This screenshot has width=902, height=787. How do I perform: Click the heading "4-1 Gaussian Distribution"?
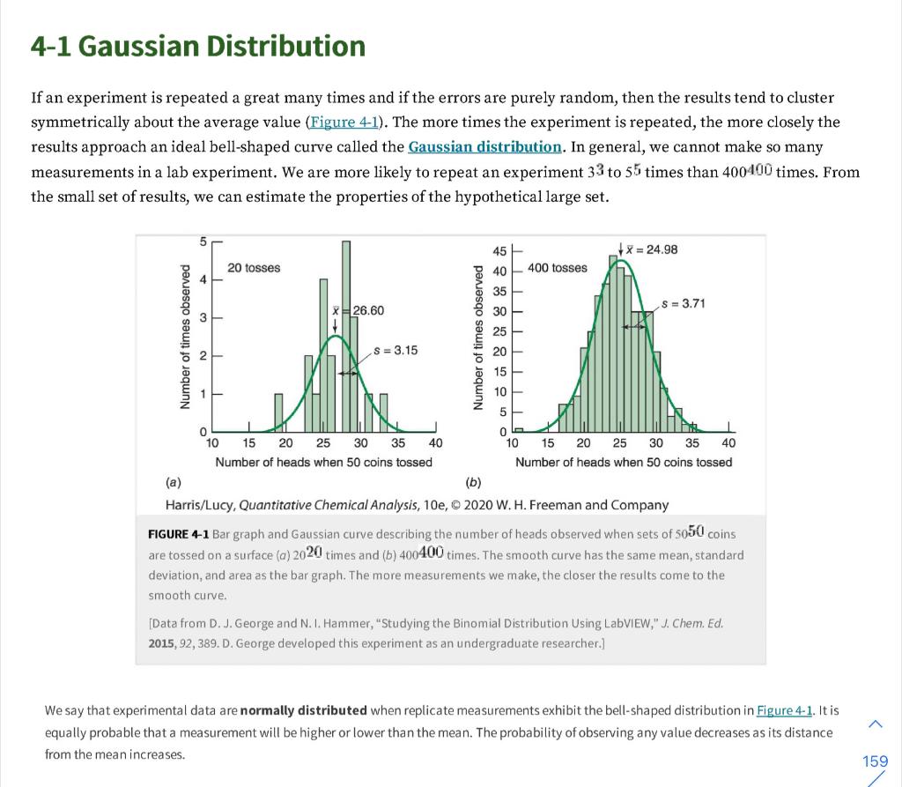coord(197,46)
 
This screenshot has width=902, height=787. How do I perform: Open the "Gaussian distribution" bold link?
coord(485,146)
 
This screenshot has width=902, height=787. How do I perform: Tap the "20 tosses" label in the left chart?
coord(254,268)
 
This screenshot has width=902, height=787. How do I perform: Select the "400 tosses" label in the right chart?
coord(557,268)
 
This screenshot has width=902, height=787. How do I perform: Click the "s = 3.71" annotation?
coord(683,304)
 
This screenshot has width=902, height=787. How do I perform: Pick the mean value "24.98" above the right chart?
coord(662,249)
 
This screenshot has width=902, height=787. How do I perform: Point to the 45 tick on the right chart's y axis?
coord(499,250)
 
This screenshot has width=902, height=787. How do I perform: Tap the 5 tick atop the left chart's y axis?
coord(203,241)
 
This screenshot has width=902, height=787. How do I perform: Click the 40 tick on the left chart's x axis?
coord(434,443)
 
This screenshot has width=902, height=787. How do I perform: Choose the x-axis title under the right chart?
coord(624,462)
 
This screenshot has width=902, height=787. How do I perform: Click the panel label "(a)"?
coord(173,482)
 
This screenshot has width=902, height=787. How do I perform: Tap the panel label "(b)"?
coord(473,482)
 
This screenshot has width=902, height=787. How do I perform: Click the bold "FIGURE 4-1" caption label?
coord(179,535)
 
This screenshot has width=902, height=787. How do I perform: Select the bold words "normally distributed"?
coord(304,710)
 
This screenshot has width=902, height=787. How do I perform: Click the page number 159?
coord(875,761)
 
